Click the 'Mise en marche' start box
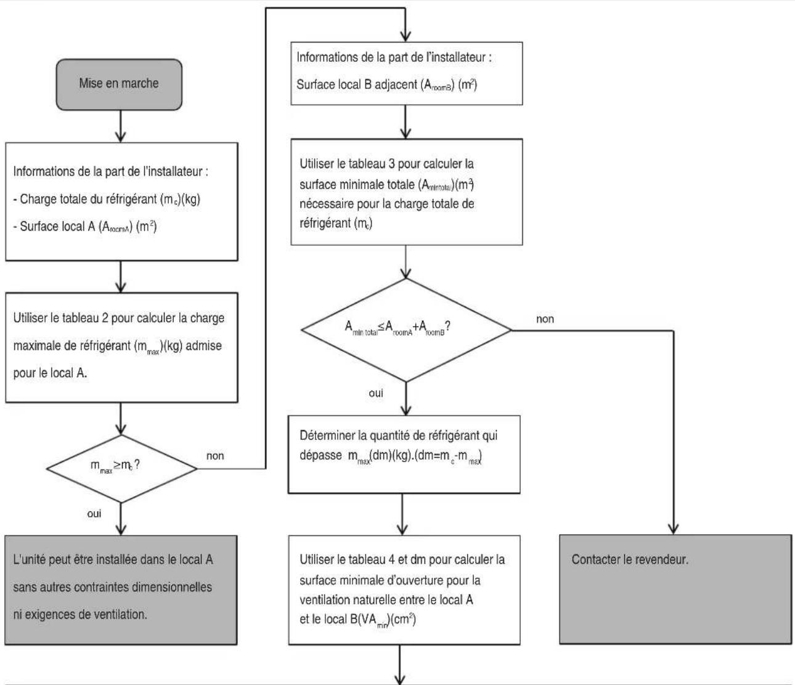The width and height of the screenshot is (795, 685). point(119,84)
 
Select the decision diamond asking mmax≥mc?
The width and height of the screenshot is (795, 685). point(121,469)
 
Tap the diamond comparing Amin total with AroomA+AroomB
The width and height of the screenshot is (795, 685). point(406,330)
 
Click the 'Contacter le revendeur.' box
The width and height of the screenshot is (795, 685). point(675,590)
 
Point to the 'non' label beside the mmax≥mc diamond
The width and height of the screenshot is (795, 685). point(215,456)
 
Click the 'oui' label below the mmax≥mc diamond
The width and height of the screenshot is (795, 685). point(94,514)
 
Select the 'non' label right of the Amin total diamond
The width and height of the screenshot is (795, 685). point(545,319)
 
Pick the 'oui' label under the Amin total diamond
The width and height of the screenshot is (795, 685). point(376,393)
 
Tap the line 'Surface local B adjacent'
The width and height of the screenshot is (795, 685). point(357,84)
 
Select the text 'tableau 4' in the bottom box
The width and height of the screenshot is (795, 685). point(372,559)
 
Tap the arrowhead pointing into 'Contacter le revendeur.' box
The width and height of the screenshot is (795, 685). point(673,529)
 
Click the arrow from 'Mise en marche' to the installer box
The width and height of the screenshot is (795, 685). point(121,126)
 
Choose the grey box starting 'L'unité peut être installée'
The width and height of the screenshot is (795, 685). point(121,590)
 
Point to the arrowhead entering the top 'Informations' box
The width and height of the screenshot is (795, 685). point(406,36)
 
